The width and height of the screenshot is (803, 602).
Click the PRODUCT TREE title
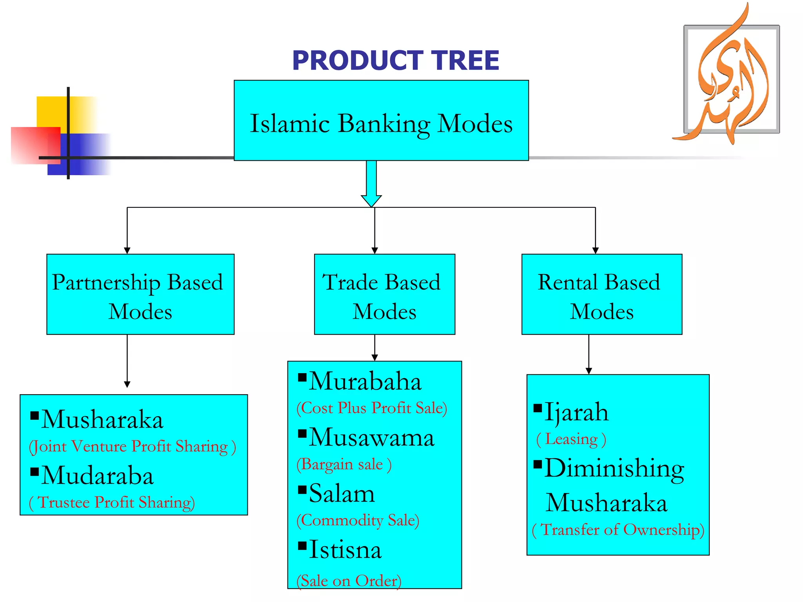coord(395,61)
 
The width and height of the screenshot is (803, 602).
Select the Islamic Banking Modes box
coord(381,121)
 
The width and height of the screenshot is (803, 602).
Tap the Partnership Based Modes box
coord(140,295)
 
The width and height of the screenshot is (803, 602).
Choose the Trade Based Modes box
coord(384,295)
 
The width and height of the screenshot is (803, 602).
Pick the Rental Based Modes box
coord(601,295)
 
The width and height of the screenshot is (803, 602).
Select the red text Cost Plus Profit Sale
coord(372,408)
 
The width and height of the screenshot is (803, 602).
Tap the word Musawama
coord(371,438)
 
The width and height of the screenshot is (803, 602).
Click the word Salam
coord(342,494)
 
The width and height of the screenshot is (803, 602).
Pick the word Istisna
coord(345,550)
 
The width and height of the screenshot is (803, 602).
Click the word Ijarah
coord(576,413)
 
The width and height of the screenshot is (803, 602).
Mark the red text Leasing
coord(571,439)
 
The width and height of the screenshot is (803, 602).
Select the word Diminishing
coord(614,469)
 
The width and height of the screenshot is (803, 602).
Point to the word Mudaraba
coord(97,476)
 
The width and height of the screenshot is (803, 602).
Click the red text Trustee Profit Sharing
coord(112,503)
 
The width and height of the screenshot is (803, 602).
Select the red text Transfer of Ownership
coord(618,530)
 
